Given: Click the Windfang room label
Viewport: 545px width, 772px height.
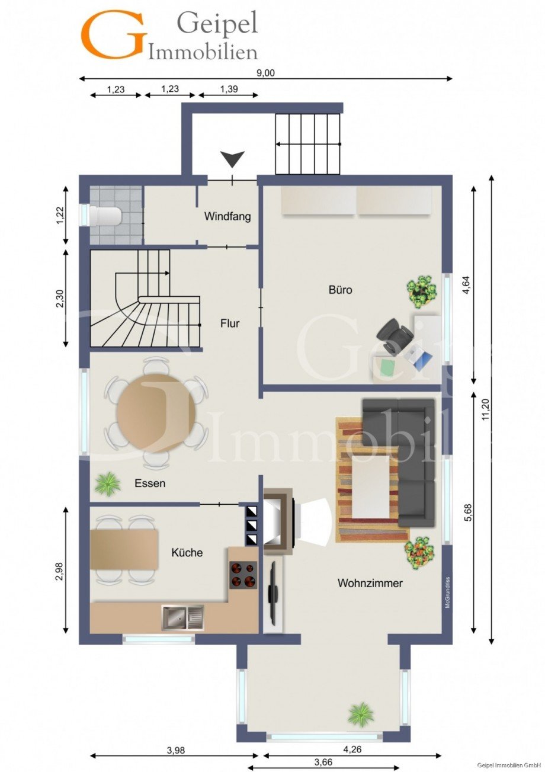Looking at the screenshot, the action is (x=227, y=217).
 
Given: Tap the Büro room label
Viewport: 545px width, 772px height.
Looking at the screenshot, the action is (x=341, y=290).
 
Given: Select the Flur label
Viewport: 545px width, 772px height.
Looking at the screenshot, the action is (x=230, y=323).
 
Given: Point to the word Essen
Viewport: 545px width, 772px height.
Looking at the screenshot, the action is (x=150, y=483).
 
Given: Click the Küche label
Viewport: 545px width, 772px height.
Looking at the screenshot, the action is (x=187, y=552).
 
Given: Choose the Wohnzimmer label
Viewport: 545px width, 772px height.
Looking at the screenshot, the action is (x=370, y=583).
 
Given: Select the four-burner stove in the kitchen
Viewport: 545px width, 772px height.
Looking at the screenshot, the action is (x=243, y=575).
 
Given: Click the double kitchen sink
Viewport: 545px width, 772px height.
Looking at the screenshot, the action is (x=183, y=618).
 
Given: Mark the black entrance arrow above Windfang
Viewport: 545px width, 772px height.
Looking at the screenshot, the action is (x=233, y=159).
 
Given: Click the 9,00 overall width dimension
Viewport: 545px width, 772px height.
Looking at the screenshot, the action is (x=265, y=73).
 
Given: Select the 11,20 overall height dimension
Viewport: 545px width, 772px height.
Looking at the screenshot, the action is (x=485, y=411).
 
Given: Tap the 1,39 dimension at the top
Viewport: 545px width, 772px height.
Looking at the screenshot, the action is (x=229, y=89).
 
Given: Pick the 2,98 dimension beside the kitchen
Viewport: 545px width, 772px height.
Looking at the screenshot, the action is (x=59, y=571).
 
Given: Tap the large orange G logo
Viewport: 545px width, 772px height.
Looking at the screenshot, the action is (x=114, y=34).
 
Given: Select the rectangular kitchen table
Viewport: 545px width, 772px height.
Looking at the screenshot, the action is (x=124, y=550).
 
